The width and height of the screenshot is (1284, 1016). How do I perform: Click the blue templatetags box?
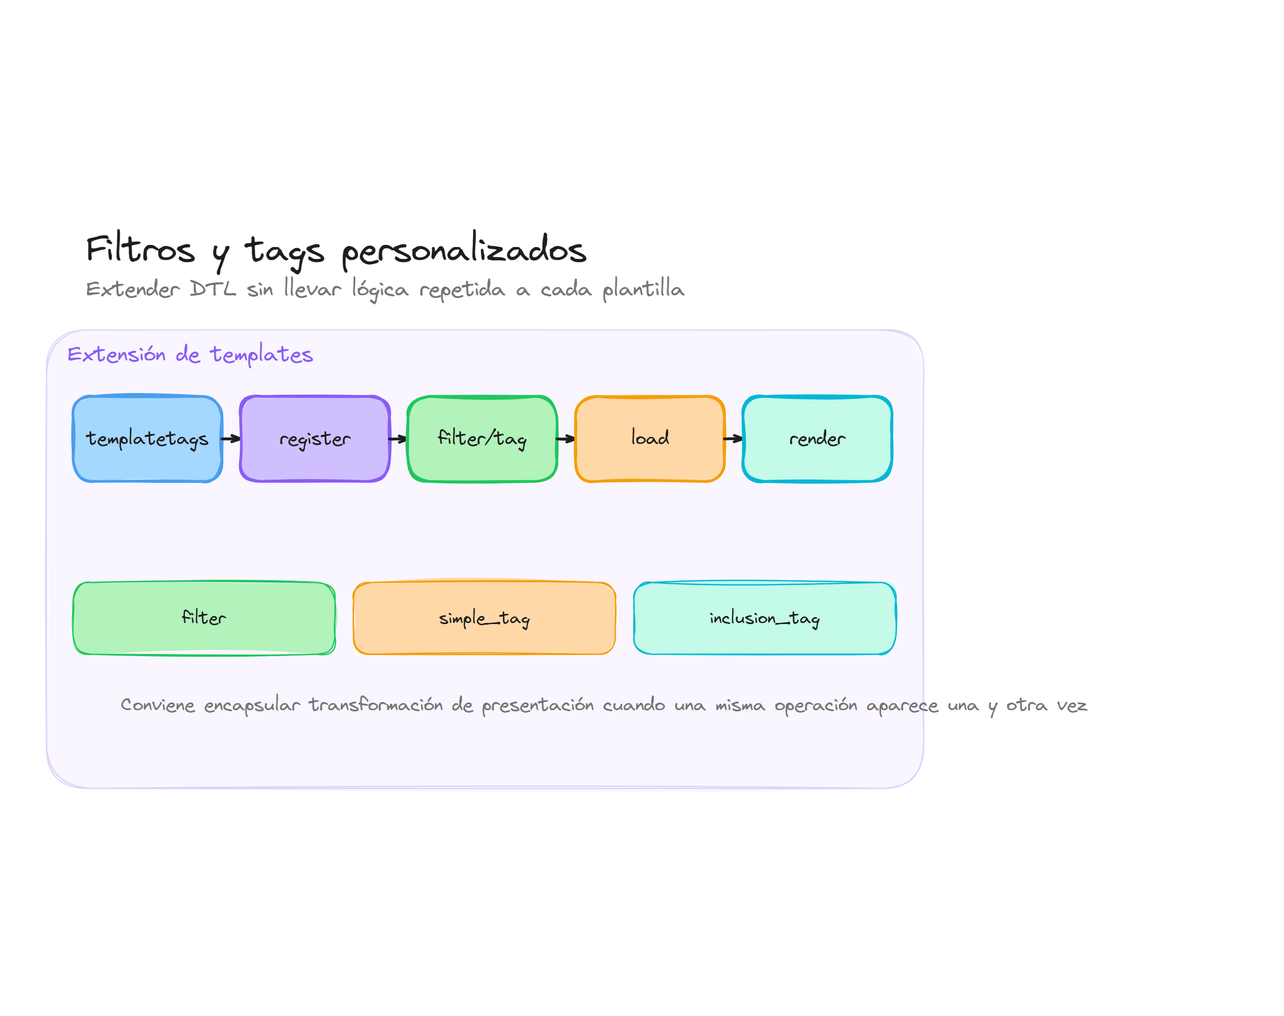click(x=147, y=438)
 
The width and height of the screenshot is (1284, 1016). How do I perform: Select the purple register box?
click(x=315, y=438)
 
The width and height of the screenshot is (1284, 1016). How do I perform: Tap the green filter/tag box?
click(x=482, y=438)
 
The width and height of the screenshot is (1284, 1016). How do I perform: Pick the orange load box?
click(x=649, y=438)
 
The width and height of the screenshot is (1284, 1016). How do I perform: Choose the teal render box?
click(x=817, y=438)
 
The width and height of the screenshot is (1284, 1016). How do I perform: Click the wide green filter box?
click(x=204, y=618)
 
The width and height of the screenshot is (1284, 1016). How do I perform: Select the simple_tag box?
click(x=484, y=618)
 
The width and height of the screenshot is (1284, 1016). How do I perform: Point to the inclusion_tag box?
click(x=765, y=618)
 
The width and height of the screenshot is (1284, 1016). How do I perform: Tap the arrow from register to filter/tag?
click(x=398, y=439)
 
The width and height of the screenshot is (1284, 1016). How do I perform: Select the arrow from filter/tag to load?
click(x=566, y=439)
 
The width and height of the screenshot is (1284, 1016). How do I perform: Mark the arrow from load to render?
click(x=733, y=438)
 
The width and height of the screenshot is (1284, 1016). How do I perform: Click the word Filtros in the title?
click(x=140, y=249)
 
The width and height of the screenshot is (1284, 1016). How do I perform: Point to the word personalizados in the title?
click(x=464, y=250)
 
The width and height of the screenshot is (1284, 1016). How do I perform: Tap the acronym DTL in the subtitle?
click(x=212, y=289)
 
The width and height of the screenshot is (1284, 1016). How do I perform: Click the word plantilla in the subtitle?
click(x=643, y=289)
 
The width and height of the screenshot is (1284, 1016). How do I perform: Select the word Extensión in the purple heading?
click(x=117, y=354)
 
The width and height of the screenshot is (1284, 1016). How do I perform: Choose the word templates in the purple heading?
click(x=261, y=355)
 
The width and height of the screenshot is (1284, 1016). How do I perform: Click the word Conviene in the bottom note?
click(x=158, y=705)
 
